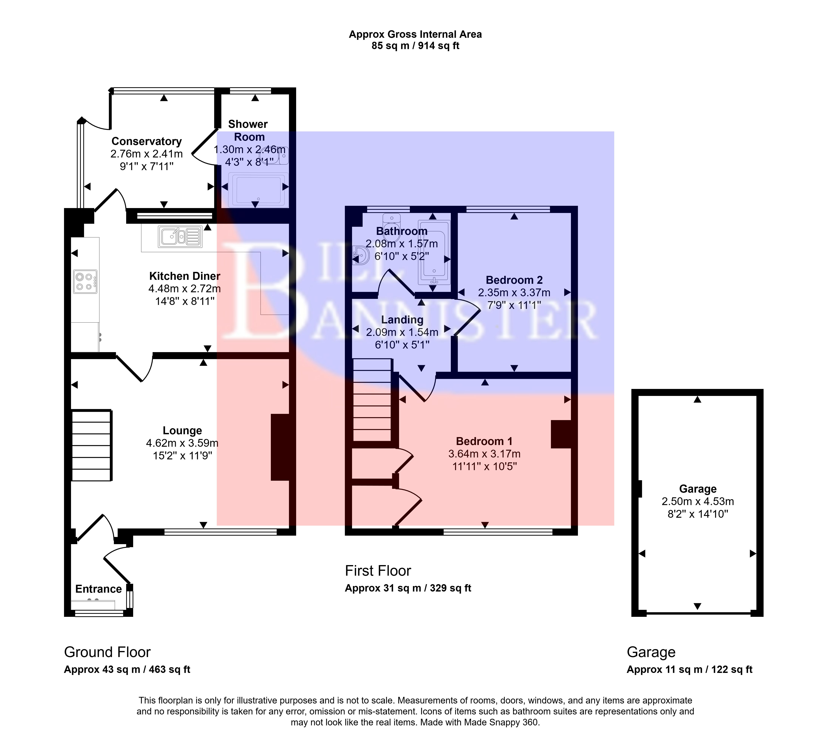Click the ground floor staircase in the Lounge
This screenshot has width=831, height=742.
coord(92,445)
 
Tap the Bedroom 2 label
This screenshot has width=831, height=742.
coord(514,280)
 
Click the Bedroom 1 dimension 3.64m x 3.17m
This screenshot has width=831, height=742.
coord(484,454)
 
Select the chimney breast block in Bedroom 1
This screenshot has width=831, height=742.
coord(561,435)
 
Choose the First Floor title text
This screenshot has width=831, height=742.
coord(378,571)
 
